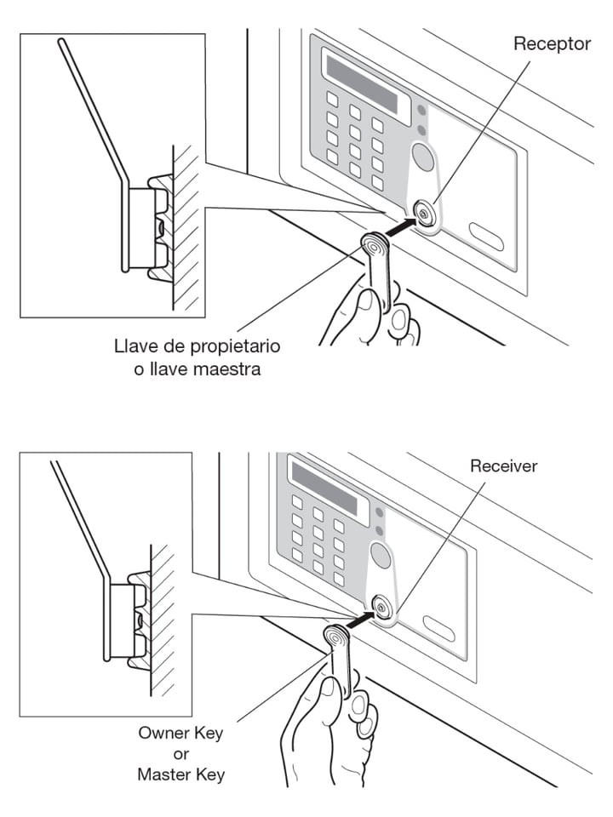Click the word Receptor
(552, 43)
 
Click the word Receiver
(504, 466)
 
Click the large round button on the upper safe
(422, 157)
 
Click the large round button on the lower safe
(381, 556)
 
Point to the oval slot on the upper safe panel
(485, 237)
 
